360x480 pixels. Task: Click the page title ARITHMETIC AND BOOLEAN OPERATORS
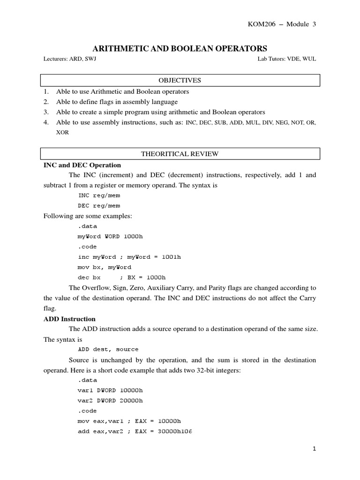[x=180, y=48]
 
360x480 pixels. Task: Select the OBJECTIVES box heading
[x=180, y=80]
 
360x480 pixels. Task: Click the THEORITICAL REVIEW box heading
[x=180, y=154]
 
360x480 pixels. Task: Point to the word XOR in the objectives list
[x=62, y=133]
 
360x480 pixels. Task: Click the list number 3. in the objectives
[x=46, y=112]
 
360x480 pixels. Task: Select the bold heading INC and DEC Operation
[x=82, y=165]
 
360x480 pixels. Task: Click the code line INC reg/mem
[x=99, y=195]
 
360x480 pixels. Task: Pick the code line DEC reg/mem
[x=99, y=206]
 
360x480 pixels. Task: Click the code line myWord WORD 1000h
[x=110, y=236]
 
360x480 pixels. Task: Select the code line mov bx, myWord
[x=104, y=267]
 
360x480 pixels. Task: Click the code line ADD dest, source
[x=108, y=349]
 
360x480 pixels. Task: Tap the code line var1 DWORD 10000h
[x=110, y=390]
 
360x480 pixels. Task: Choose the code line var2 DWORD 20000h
[x=110, y=400]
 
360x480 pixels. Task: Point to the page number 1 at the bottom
[x=315, y=449]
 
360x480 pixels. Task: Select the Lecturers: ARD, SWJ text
[x=70, y=60]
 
